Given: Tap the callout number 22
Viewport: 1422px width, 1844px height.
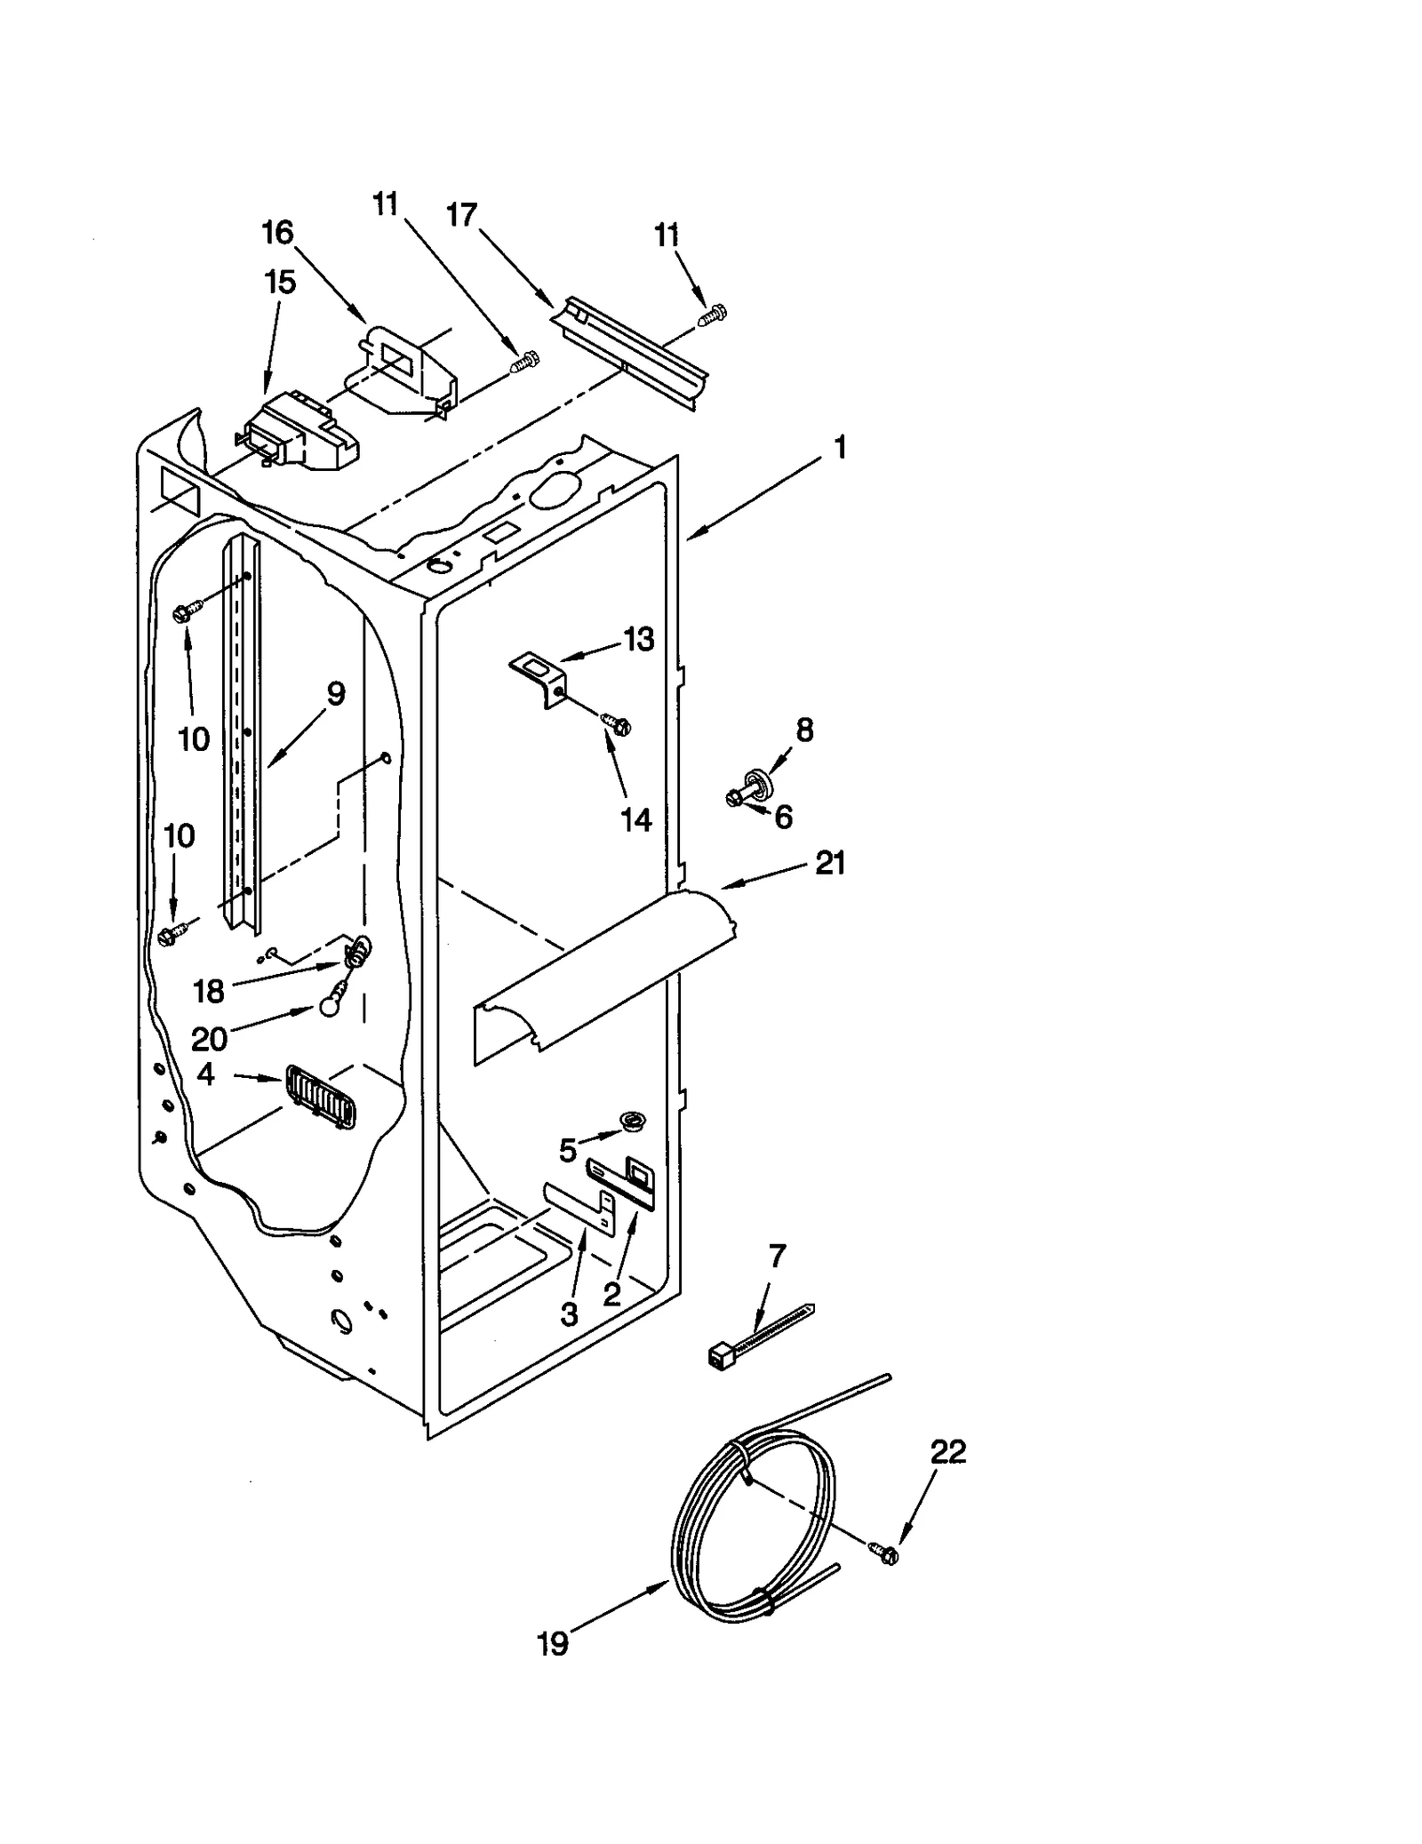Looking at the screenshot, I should pyautogui.click(x=947, y=1452).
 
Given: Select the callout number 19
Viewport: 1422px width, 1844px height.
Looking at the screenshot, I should pyautogui.click(x=552, y=1644).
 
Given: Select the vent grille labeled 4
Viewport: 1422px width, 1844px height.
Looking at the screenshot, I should pyautogui.click(x=320, y=1099).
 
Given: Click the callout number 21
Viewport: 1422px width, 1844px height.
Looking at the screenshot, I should pyautogui.click(x=830, y=862).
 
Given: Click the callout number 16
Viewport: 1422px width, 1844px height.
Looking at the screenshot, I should pyautogui.click(x=277, y=233).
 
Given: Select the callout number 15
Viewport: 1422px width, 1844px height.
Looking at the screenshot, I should pyautogui.click(x=279, y=283).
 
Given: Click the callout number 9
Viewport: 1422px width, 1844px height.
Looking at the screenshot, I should pyautogui.click(x=335, y=693).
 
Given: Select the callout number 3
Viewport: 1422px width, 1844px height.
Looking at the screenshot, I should pyautogui.click(x=569, y=1313).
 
